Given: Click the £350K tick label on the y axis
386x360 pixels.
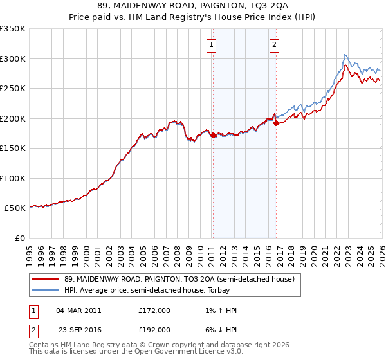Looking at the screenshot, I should click(x=13, y=29).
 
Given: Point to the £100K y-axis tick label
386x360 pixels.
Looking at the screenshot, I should click(x=13, y=178).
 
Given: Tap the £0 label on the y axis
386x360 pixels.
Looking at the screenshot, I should click(x=20, y=238).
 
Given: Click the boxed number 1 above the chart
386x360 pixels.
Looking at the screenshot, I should click(x=212, y=44).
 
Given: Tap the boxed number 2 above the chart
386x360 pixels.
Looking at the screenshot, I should click(x=274, y=44).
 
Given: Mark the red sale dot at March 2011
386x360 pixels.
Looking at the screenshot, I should click(x=212, y=136).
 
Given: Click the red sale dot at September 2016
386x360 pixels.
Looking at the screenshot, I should click(x=275, y=123).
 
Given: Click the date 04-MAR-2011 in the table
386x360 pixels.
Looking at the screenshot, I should click(x=78, y=310).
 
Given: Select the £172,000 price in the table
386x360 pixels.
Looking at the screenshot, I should click(x=154, y=310).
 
